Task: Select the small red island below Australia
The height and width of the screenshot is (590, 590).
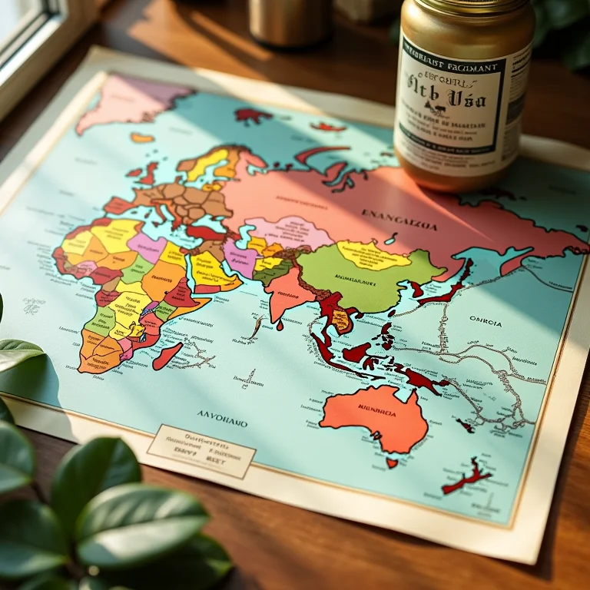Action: pyautogui.click(x=392, y=462)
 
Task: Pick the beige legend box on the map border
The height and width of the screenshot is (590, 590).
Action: pyautogui.click(x=201, y=450)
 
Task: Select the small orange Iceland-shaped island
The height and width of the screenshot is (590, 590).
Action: pyautogui.click(x=142, y=138)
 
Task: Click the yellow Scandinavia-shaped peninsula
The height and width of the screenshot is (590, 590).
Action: pyautogui.click(x=207, y=162)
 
